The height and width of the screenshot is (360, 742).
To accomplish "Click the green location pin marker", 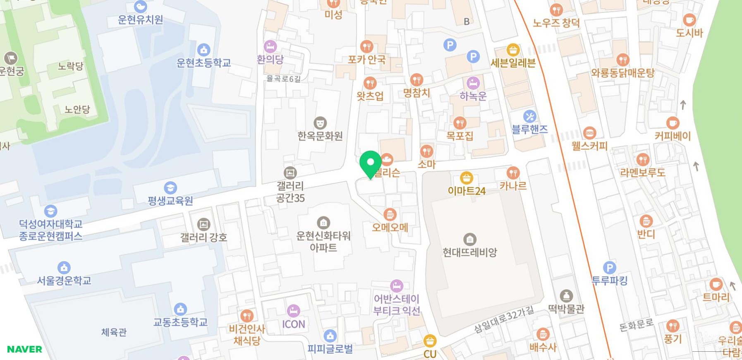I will point(370,163).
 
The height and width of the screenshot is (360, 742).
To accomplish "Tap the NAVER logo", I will point(24,349).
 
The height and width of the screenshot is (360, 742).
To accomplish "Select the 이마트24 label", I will point(467,191).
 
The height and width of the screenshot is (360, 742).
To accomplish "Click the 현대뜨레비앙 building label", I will point(469,252).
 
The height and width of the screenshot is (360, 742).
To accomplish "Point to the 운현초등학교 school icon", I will point(203,50).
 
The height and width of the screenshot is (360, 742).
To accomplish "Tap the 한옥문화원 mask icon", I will point(320,123).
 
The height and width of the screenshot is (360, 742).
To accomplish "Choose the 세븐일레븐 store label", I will point(513,63).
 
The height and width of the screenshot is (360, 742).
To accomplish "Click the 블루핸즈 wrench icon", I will point(529,117).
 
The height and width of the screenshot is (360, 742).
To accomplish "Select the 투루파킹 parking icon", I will point(609,268).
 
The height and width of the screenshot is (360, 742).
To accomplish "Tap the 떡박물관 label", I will point(566,309).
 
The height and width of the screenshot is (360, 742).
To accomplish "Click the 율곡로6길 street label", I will point(283,79).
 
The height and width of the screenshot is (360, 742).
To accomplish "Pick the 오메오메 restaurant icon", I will point(390,214).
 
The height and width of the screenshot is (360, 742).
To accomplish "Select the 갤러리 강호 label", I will point(203,238).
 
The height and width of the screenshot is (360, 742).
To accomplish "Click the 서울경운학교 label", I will point(64,281).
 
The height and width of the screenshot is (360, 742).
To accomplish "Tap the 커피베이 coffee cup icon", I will point(673,123).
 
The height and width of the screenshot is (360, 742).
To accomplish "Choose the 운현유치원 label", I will point(140,20).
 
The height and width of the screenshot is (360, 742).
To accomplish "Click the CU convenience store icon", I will point(430,341).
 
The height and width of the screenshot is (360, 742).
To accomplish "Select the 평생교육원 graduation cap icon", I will point(170,188).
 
